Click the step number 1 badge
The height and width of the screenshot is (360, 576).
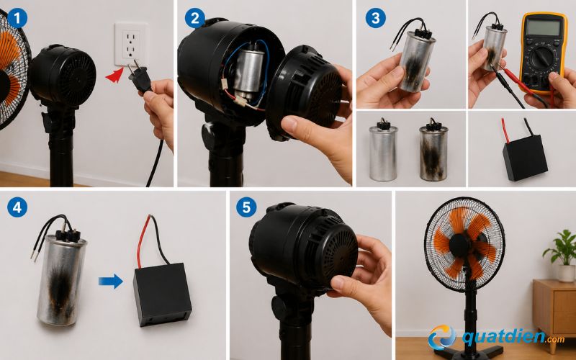(17, 19)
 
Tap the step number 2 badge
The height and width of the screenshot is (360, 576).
(195, 19)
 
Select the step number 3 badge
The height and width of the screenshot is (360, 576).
(375, 19)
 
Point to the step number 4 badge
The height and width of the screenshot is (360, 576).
(17, 207)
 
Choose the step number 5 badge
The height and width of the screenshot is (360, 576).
(246, 207)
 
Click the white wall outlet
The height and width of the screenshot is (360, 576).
(131, 44)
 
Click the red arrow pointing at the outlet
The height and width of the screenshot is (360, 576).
(114, 75)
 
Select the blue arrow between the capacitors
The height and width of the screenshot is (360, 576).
(111, 281)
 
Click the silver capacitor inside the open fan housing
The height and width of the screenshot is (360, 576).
(248, 71)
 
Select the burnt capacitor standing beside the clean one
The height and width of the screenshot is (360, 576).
(433, 150)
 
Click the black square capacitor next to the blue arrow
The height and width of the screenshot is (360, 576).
(163, 294)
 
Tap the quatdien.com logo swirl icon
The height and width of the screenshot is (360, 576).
(442, 337)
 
